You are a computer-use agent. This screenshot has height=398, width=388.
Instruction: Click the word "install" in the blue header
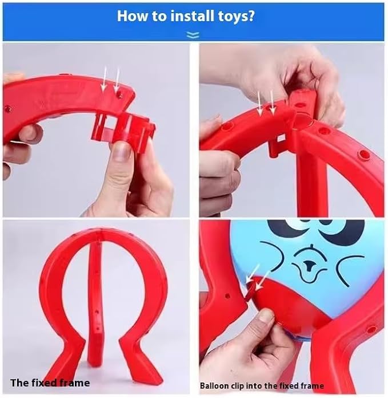coord(192,16)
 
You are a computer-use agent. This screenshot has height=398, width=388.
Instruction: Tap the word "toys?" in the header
coord(236,17)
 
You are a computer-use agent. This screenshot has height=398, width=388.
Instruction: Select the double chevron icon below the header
coord(193,35)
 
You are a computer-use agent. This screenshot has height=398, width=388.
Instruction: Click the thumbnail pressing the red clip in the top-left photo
coord(121,151)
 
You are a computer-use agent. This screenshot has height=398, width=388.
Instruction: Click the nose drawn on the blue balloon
coord(308,265)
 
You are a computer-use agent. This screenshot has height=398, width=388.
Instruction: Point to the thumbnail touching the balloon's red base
coord(265,318)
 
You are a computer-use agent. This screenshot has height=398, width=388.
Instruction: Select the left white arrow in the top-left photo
coord(104,78)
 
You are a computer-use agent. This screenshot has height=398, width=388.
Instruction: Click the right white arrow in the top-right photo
coord(272,103)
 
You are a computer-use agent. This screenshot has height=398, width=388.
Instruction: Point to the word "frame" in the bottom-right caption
coord(312,386)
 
